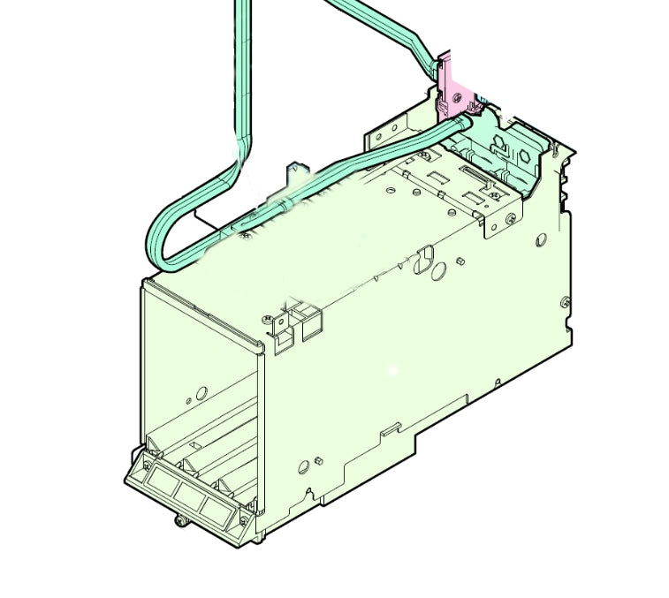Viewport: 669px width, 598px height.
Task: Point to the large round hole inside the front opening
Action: click(x=201, y=392)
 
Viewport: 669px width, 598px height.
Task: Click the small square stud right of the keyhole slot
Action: click(x=461, y=262)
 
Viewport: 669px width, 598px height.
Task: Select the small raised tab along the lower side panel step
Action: click(x=386, y=431)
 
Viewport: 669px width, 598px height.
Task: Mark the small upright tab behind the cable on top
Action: click(x=295, y=167)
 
